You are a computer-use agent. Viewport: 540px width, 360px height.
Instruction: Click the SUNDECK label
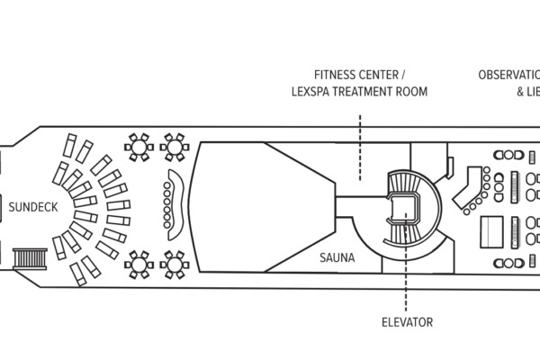(33, 207)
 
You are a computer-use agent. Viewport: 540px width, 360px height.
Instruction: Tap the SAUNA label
(337, 257)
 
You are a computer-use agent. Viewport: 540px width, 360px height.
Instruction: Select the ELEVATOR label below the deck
(407, 321)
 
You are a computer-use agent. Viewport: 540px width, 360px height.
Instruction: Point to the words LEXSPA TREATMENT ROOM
(358, 91)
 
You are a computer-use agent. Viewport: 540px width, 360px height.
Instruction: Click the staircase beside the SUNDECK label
(29, 259)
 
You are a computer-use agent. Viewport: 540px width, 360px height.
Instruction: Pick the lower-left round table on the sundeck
(139, 264)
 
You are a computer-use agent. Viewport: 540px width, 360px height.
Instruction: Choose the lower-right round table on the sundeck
(174, 264)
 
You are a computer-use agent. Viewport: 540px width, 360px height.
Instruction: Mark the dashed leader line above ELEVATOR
(407, 288)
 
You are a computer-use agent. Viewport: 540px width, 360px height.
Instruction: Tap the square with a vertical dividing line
(492, 230)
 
